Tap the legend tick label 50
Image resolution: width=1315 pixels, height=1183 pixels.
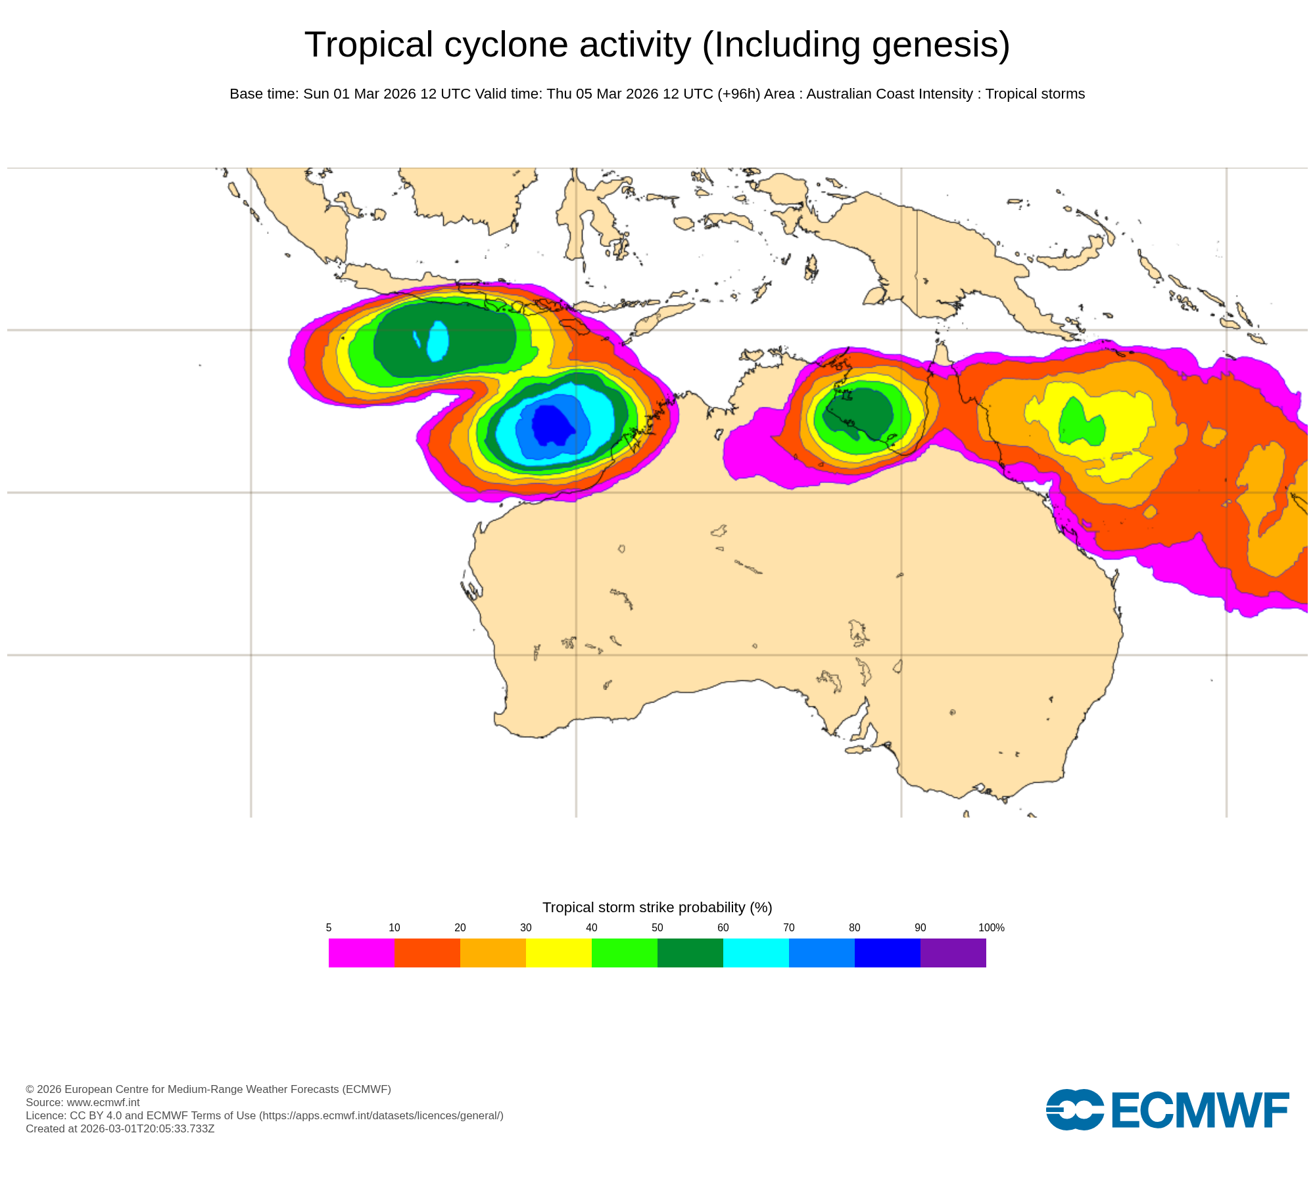pyautogui.click(x=657, y=927)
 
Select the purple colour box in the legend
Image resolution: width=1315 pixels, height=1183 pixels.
pyautogui.click(x=953, y=953)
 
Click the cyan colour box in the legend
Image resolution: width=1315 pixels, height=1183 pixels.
pyautogui.click(x=755, y=953)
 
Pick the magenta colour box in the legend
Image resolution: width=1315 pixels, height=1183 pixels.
pyautogui.click(x=361, y=953)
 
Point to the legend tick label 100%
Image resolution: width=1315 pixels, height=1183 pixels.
pyautogui.click(x=991, y=927)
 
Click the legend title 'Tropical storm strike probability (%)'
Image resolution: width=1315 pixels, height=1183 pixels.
pyautogui.click(x=657, y=907)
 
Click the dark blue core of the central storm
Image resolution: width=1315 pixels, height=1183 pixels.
pyautogui.click(x=551, y=425)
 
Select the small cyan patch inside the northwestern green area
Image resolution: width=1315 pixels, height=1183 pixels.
pyautogui.click(x=438, y=340)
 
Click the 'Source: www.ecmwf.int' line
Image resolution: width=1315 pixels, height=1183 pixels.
pyautogui.click(x=83, y=1102)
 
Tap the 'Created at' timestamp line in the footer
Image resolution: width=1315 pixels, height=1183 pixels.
pyautogui.click(x=120, y=1128)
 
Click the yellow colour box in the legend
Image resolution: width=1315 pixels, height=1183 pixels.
pyautogui.click(x=558, y=953)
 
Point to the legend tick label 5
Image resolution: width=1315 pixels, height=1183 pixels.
pyautogui.click(x=329, y=927)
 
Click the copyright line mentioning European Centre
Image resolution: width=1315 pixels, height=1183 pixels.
pyautogui.click(x=208, y=1089)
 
